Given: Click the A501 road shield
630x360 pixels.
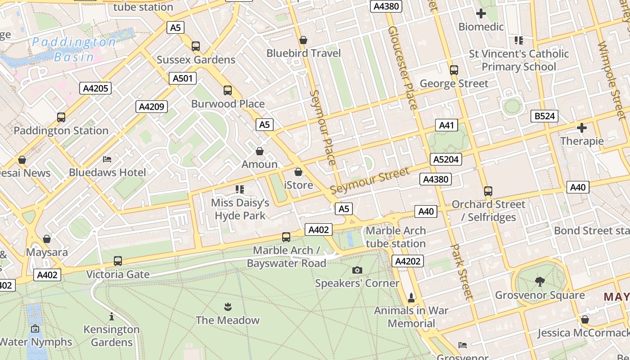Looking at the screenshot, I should click(x=183, y=78).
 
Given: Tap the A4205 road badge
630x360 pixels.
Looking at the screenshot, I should click(x=96, y=88).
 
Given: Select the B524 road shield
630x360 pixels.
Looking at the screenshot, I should click(x=544, y=116).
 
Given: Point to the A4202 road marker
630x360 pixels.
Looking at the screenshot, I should click(x=408, y=261).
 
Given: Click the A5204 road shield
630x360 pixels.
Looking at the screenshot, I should click(x=446, y=159).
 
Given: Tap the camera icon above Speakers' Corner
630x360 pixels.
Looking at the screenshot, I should click(x=357, y=270).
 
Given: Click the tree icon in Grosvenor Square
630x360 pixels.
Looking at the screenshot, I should click(x=540, y=282).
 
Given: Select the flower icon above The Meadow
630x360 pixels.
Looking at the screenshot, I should click(x=227, y=307).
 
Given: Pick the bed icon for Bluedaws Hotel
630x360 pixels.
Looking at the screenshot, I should click(x=107, y=159).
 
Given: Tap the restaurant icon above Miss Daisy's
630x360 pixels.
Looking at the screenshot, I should click(x=240, y=189).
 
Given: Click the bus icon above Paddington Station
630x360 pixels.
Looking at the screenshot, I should click(x=61, y=117).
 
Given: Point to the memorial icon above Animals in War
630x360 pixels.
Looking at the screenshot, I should click(x=411, y=297).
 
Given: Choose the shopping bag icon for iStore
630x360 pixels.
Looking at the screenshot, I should click(x=298, y=172).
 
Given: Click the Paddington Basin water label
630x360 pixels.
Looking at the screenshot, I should click(x=74, y=49).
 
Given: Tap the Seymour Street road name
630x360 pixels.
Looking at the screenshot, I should click(x=370, y=180).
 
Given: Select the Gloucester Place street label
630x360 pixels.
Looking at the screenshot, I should click(x=403, y=67).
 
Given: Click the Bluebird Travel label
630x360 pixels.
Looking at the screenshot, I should click(x=304, y=53).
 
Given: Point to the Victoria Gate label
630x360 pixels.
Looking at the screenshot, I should click(x=117, y=274).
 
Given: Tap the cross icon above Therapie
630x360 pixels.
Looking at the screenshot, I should click(x=582, y=128).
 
